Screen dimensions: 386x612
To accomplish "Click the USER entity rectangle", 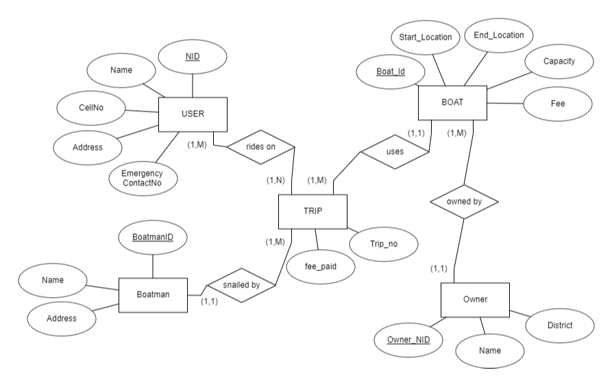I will click(x=193, y=114).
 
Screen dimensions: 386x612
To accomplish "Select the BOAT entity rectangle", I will click(x=452, y=103).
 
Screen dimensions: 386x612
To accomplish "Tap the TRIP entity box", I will click(x=313, y=211).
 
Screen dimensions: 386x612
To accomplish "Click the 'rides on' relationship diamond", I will click(x=260, y=146).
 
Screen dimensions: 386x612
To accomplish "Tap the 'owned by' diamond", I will click(x=465, y=202).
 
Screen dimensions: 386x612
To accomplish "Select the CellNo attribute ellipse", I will click(x=90, y=108).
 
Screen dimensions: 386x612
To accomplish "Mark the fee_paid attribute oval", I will click(x=321, y=268).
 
